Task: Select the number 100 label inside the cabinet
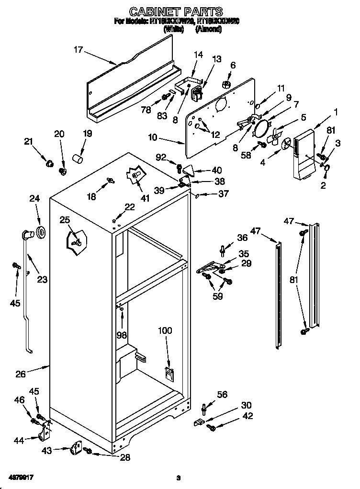coord(165,331)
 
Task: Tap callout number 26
coord(20,375)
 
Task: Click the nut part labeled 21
coord(49,164)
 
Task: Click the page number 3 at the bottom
coord(178,478)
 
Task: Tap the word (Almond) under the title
coord(209,29)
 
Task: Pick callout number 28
coord(124,458)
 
